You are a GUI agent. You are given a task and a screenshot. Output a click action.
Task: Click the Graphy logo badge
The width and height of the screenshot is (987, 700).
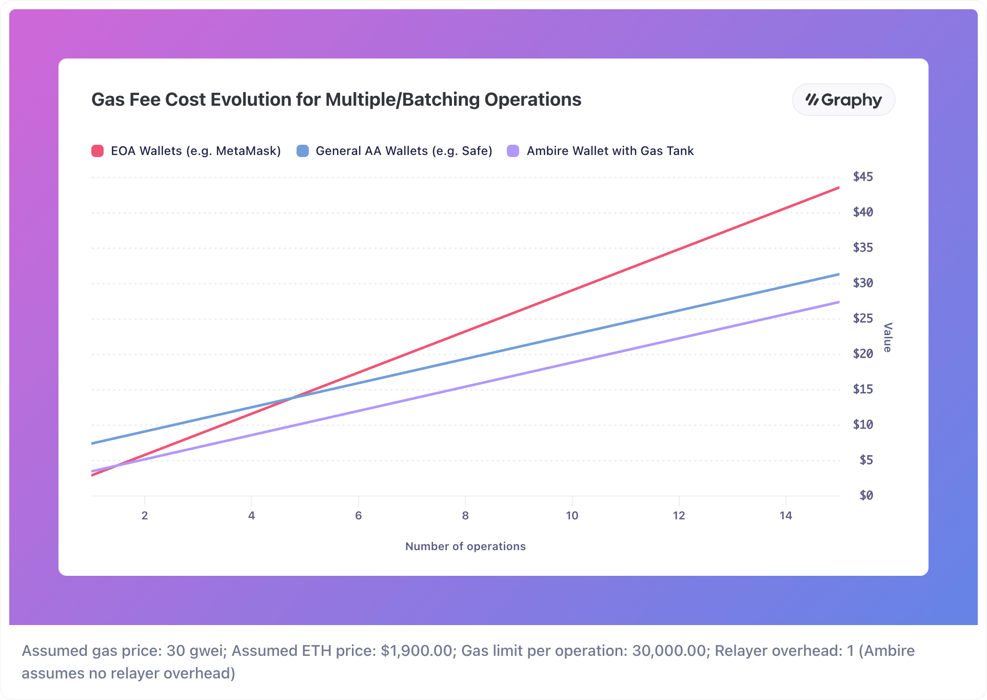tap(843, 100)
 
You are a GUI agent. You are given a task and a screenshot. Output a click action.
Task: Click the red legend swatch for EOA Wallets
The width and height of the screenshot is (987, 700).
tap(97, 151)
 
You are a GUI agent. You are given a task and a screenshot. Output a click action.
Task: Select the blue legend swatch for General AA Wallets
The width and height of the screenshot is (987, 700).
tap(303, 151)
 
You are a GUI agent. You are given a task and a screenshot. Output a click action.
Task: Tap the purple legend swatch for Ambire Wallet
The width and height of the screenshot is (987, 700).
tap(513, 151)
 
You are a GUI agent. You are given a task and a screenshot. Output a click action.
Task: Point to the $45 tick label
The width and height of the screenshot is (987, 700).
tap(863, 177)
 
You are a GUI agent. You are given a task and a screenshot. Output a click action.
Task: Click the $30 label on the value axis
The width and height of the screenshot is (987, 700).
tap(863, 283)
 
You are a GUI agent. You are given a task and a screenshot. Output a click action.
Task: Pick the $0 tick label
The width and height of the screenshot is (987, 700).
tap(866, 496)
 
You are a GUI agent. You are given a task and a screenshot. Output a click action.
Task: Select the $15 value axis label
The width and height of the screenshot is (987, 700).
tap(863, 390)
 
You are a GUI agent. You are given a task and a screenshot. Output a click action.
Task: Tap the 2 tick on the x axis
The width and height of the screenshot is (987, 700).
tap(145, 515)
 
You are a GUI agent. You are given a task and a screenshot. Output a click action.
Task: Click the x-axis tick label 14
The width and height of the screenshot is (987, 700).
tap(785, 515)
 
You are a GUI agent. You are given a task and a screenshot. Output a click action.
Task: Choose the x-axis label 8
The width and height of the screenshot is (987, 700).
tap(465, 515)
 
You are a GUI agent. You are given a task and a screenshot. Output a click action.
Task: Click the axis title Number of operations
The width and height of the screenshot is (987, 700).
tap(465, 546)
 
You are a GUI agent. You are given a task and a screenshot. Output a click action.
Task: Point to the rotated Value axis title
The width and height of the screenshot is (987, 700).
tap(888, 337)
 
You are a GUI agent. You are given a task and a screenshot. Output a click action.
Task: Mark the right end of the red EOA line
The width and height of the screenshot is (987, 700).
tap(838, 188)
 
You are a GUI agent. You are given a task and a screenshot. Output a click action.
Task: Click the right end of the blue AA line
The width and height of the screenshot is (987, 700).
tap(838, 275)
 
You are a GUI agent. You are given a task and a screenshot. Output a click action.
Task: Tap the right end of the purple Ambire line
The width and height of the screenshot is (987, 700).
tap(838, 302)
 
